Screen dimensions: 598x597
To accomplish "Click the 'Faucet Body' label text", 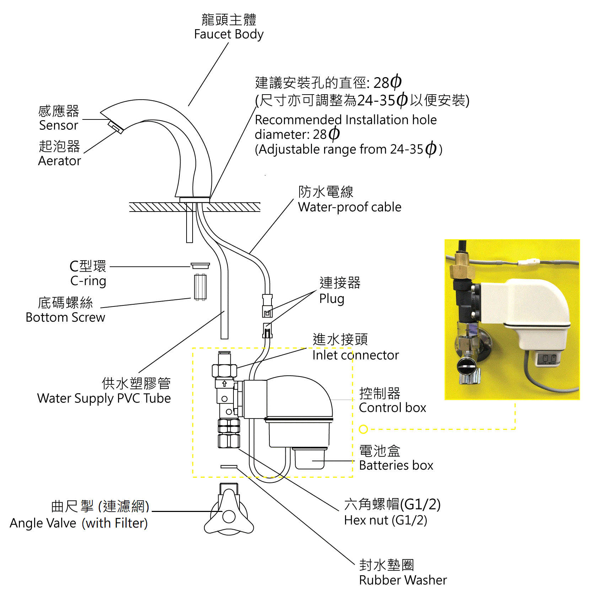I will click(x=228, y=34).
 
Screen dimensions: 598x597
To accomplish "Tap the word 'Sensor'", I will click(x=58, y=125).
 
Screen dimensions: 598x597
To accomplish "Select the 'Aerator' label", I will click(x=59, y=161).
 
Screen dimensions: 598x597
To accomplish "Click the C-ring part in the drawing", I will click(x=200, y=266).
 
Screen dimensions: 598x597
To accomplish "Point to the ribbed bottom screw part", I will click(x=200, y=287).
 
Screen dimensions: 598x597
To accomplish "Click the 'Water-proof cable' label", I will click(x=349, y=207).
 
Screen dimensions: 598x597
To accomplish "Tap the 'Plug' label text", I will click(x=332, y=299).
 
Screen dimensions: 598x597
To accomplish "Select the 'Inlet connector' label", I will click(x=355, y=355).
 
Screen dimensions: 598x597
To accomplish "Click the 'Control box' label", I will click(x=392, y=407).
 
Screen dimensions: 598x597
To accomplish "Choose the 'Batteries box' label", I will click(x=396, y=465).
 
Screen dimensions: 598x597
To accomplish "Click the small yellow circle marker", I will click(x=363, y=429).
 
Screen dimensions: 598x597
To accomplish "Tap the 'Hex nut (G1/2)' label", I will click(x=386, y=520).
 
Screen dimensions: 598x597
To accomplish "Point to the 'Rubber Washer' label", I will click(x=403, y=580).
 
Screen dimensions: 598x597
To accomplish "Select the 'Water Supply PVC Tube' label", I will click(x=104, y=398).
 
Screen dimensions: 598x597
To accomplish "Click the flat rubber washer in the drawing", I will click(x=229, y=466).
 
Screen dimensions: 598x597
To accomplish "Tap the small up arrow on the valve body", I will click(x=224, y=384).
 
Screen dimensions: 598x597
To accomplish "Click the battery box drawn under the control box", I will click(x=309, y=459).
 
